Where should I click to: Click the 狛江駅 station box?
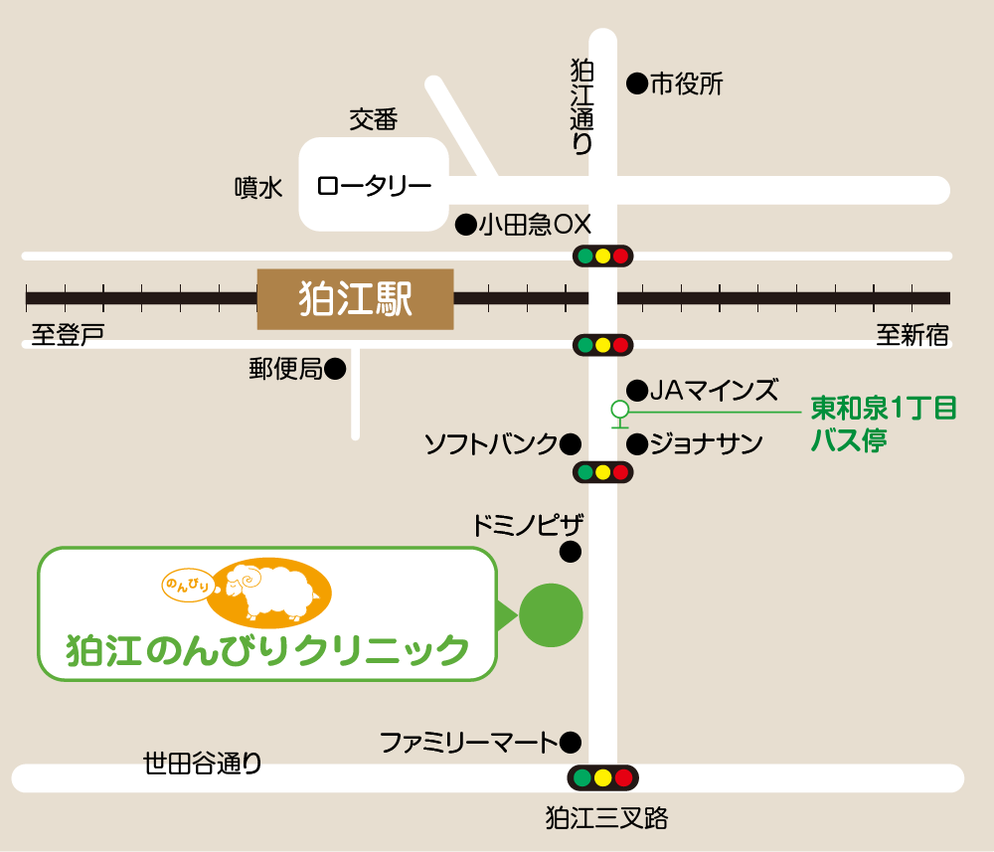(x=355, y=298)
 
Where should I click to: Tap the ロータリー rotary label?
(x=374, y=186)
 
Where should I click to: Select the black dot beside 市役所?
(x=636, y=85)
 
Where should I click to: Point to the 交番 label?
(x=373, y=120)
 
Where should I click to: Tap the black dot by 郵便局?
(x=336, y=370)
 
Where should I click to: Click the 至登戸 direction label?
(x=68, y=335)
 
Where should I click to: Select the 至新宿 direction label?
(x=912, y=335)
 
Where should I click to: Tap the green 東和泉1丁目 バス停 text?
(x=883, y=424)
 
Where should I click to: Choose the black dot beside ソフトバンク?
(x=571, y=443)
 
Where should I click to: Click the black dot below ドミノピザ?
(x=571, y=550)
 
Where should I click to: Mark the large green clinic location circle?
(x=551, y=615)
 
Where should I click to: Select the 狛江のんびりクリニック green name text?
(x=267, y=650)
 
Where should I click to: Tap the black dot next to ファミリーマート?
(x=571, y=741)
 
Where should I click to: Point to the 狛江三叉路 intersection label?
(x=606, y=818)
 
